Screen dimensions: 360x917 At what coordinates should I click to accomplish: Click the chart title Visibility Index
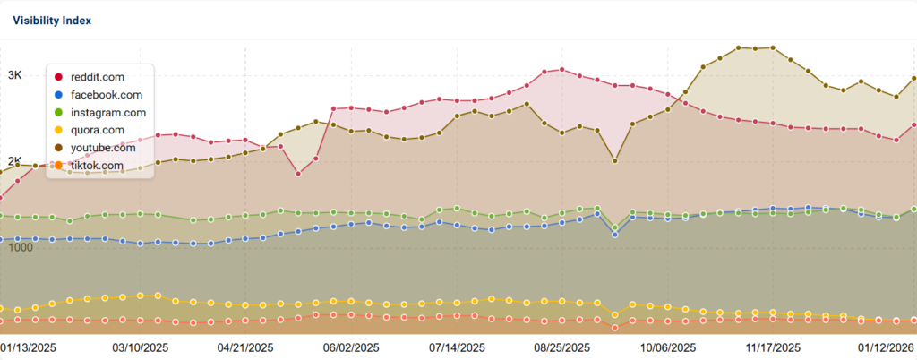coord(52,20)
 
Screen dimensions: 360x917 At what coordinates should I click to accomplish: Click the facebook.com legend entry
coord(105,95)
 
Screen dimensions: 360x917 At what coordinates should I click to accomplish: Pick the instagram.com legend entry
coord(107,113)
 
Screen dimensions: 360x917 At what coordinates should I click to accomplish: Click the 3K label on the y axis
coord(15,77)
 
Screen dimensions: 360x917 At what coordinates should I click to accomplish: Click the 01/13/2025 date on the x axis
coord(29,347)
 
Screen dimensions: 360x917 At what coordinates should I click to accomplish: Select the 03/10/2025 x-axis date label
coord(140,347)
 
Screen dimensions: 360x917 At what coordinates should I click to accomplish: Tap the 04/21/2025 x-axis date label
coord(245,347)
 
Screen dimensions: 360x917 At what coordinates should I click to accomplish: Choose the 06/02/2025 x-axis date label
coord(351,347)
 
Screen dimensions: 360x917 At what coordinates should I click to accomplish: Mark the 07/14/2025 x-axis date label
coord(457,347)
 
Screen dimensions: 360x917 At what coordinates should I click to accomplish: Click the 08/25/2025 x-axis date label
coord(562,347)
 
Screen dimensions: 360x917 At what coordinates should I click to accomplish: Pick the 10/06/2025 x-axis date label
coord(668,347)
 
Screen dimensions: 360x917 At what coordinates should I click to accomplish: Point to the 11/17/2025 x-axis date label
coord(773,347)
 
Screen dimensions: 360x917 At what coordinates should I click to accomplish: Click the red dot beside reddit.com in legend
coord(59,77)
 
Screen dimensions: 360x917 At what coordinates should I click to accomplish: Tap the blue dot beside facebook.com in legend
coord(59,95)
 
